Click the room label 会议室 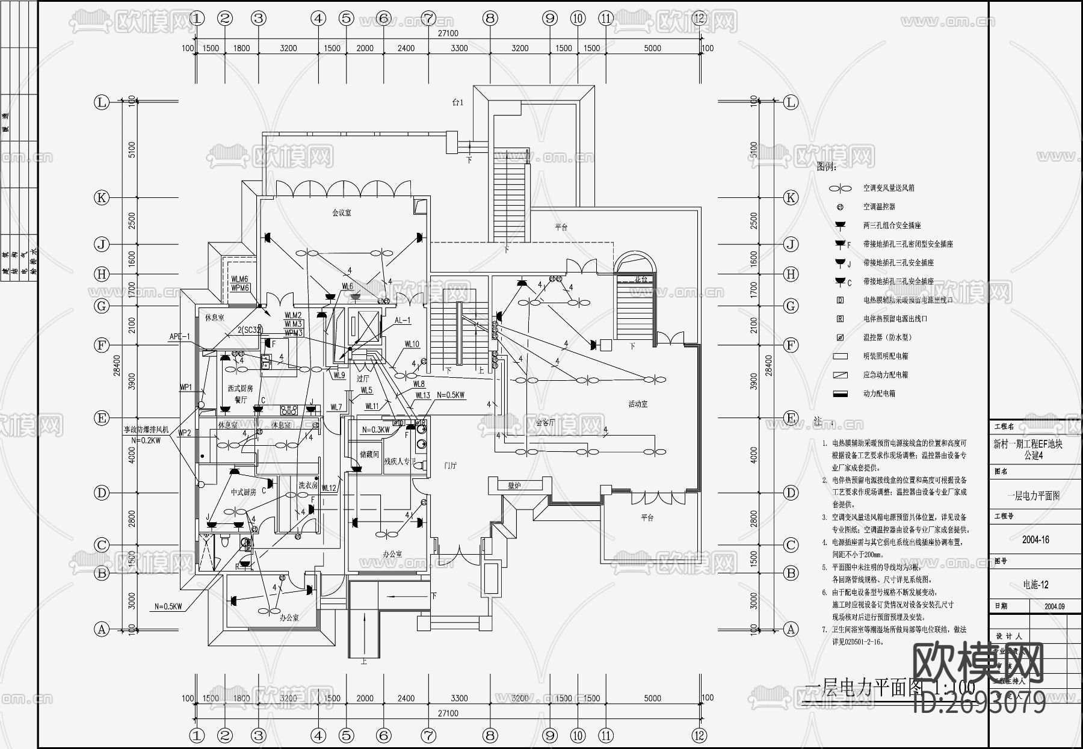(x=341, y=213)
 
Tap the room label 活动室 (x=637, y=404)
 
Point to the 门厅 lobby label (x=450, y=465)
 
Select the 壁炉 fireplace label (x=514, y=485)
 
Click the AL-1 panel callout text (x=403, y=321)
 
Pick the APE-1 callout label (x=179, y=337)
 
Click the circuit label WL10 (x=412, y=345)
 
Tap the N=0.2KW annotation (x=146, y=440)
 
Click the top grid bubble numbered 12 (x=699, y=18)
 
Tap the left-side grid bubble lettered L (x=101, y=102)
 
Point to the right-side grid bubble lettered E (x=791, y=418)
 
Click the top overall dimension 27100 (x=448, y=34)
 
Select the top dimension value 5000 (x=652, y=48)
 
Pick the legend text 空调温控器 (x=879, y=206)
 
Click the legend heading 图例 (x=826, y=167)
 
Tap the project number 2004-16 (x=1035, y=540)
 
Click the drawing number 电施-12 (x=1035, y=584)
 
